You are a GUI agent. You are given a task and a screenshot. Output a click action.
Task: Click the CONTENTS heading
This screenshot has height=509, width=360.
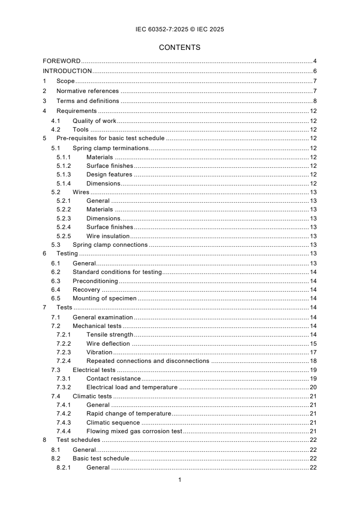(x=180, y=47)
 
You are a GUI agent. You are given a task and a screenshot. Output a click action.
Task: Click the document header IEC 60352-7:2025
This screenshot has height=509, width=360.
(x=180, y=29)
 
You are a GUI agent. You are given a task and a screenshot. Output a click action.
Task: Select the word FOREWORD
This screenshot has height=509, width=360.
(x=61, y=61)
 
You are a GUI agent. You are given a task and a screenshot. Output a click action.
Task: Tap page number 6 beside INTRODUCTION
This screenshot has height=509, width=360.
(x=315, y=71)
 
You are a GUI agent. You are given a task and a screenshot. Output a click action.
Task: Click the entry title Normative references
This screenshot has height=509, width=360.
(x=88, y=91)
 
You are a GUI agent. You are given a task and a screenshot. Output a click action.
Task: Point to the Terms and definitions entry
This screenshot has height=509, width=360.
(x=88, y=101)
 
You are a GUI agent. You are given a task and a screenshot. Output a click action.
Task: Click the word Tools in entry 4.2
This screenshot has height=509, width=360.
(x=80, y=130)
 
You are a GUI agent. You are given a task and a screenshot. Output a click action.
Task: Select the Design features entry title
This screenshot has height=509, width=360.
(x=109, y=174)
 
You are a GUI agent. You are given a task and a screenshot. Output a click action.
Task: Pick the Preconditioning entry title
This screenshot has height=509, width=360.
(x=95, y=281)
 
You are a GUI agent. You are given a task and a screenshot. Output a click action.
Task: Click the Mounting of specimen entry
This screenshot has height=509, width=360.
(x=104, y=299)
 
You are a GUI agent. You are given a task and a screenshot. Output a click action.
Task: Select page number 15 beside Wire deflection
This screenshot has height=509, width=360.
(x=313, y=343)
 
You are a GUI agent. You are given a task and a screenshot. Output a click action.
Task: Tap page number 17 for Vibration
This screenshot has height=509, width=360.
(x=313, y=352)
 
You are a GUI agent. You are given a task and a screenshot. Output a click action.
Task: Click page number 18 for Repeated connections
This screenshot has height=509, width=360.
(x=313, y=361)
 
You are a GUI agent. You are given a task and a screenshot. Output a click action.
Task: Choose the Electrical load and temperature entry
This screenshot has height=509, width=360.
(x=132, y=387)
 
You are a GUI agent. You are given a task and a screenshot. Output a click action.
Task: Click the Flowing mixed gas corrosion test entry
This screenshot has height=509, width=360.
(x=134, y=431)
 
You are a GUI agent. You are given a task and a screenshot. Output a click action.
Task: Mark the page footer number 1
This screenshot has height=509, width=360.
(x=180, y=480)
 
